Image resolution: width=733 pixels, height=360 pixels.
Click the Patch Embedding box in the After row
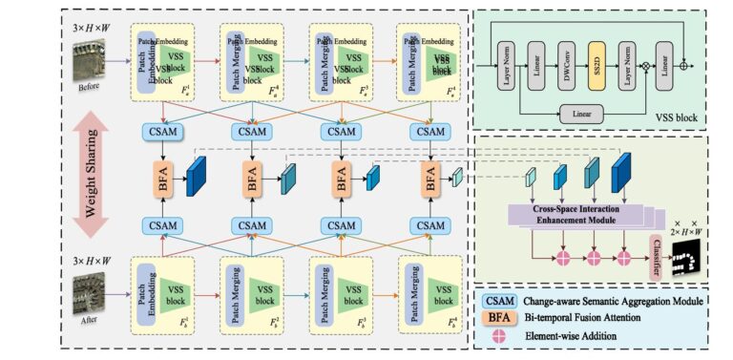(143, 290)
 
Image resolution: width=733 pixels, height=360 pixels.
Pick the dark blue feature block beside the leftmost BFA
(197, 177)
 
